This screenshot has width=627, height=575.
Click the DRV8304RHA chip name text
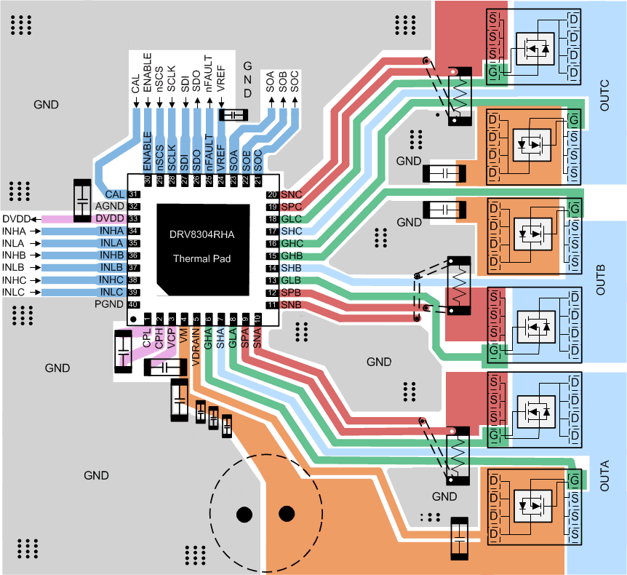(204, 234)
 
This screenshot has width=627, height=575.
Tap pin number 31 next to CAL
(133, 194)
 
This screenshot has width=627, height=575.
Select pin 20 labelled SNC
(272, 194)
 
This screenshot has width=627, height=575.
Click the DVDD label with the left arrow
(16, 218)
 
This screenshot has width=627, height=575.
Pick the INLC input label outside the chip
(15, 293)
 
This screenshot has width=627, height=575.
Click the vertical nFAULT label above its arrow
(208, 73)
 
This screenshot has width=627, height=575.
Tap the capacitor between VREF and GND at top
(233, 116)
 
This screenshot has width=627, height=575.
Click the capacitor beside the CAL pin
(82, 199)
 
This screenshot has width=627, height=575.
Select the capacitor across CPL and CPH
(124, 352)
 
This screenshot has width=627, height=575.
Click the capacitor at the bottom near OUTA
(460, 539)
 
